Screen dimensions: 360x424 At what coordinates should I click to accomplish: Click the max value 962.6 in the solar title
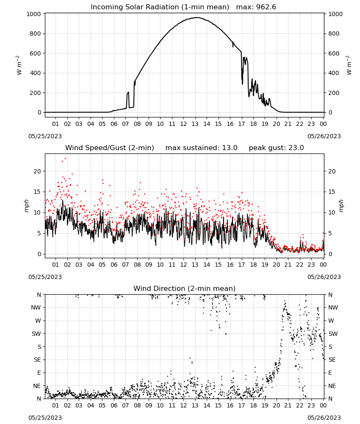(x=266, y=7)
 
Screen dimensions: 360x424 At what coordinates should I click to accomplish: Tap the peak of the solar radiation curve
(x=197, y=17)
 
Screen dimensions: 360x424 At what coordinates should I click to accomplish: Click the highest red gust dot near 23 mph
(x=65, y=159)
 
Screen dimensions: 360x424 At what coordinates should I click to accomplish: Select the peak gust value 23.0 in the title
(x=296, y=148)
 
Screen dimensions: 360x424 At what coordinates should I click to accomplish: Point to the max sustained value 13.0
(x=230, y=148)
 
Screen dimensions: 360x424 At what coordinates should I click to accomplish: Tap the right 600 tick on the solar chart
(x=334, y=53)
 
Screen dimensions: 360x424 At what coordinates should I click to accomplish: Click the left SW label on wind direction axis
(x=36, y=334)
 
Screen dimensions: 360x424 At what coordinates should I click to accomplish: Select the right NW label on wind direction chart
(x=333, y=308)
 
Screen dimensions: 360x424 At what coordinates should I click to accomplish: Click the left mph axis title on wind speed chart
(x=26, y=206)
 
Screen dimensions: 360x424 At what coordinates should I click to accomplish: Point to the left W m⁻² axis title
(x=19, y=65)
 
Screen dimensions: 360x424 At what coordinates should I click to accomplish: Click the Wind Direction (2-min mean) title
(x=185, y=288)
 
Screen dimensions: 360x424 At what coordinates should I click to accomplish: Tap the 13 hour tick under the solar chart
(x=195, y=124)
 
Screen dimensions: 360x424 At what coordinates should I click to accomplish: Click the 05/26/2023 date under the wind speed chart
(x=324, y=277)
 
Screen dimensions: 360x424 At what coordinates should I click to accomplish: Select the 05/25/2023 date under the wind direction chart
(x=45, y=418)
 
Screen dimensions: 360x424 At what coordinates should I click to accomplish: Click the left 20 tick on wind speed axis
(x=38, y=171)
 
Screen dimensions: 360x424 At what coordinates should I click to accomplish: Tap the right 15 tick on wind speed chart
(x=332, y=192)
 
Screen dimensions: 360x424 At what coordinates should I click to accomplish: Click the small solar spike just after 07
(x=128, y=93)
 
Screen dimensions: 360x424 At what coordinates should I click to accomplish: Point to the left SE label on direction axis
(x=37, y=360)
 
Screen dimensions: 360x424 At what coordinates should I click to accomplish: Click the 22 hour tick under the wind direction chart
(x=299, y=405)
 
